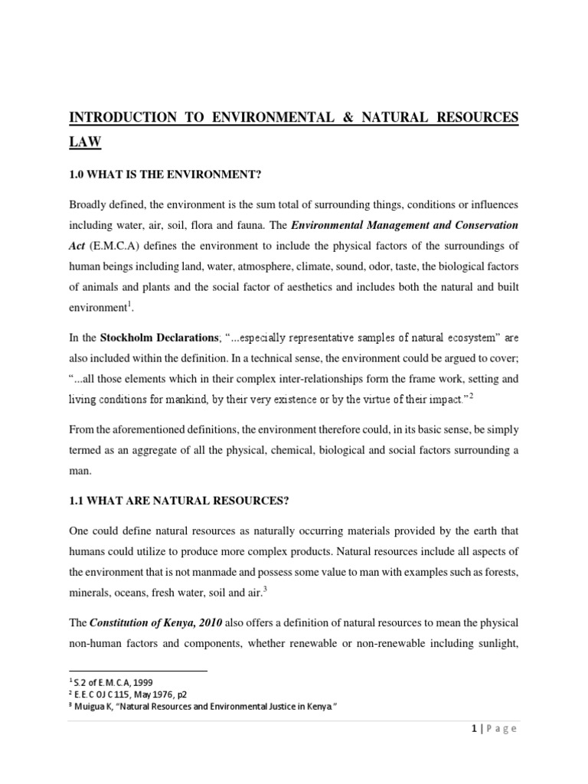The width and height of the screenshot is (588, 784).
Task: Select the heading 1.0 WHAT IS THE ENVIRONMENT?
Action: pos(165,175)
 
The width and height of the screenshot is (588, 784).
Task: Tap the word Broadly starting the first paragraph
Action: pos(90,205)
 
